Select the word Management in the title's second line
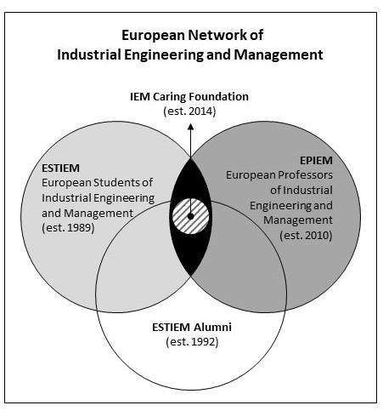point(279,54)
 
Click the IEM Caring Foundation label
point(189,97)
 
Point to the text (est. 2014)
point(189,111)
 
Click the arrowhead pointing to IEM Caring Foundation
point(191,127)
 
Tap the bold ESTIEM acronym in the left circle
point(60,168)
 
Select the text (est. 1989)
point(68,227)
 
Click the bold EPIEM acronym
point(316,161)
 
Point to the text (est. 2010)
point(306,235)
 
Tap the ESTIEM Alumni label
point(192,328)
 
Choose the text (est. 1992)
point(192,342)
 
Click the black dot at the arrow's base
point(191,216)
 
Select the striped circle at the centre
point(191,216)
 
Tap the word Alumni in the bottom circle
point(212,328)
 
